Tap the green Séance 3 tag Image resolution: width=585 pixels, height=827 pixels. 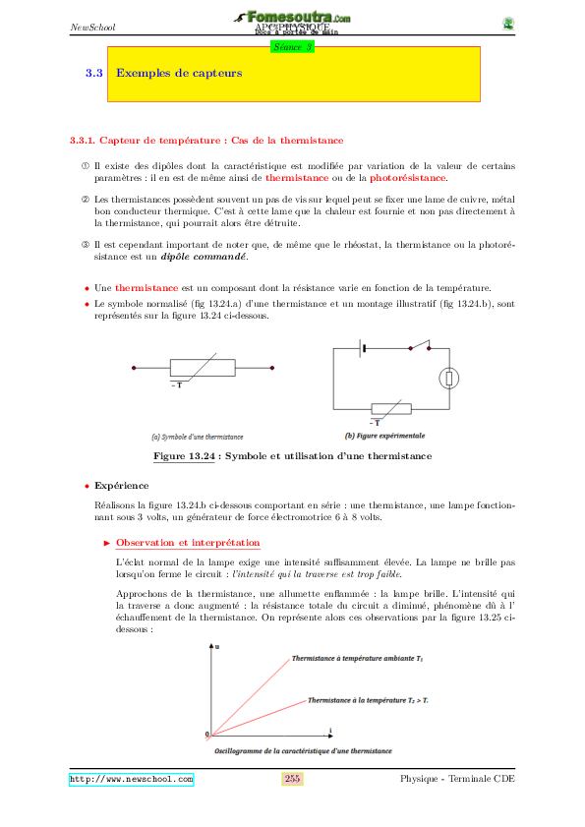291,45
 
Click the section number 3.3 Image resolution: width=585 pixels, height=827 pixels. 94,73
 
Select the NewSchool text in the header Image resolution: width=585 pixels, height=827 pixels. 92,27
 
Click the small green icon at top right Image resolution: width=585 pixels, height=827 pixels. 507,24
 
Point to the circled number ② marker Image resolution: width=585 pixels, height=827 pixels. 85,200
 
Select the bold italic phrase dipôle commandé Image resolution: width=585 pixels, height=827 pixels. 215,257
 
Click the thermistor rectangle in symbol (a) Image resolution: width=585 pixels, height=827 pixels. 203,368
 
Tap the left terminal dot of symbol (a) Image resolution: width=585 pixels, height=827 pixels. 135,368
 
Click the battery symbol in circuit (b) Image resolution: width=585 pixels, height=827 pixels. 364,346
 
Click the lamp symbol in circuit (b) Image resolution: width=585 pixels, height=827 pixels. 449,377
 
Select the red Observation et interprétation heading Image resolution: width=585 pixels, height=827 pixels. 188,543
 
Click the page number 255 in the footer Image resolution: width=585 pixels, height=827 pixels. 292,779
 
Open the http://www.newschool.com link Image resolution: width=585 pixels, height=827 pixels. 131,779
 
